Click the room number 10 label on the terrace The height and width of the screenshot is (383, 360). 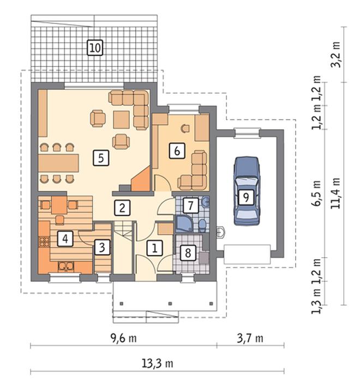tap(95, 47)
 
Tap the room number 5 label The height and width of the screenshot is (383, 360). tap(101, 158)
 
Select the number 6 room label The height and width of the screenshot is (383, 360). tap(177, 151)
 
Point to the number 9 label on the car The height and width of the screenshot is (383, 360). tap(246, 197)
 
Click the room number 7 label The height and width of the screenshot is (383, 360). tap(191, 205)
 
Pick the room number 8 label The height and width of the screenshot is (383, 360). tap(188, 253)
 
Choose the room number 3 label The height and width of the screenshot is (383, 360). tap(102, 247)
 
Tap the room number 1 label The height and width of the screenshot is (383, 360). tap(154, 248)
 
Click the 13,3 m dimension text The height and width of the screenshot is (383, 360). tap(158, 363)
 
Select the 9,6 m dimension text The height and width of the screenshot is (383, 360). tap(124, 338)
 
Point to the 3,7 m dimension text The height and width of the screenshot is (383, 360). tap(250, 338)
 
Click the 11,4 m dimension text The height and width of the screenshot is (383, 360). tap(335, 193)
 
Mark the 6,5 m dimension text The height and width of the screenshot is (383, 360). tap(316, 193)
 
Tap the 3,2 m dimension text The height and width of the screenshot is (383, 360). tap(335, 54)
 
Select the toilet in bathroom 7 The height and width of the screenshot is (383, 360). tap(202, 226)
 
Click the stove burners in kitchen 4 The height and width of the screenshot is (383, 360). tap(44, 242)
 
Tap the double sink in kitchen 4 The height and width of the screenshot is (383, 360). tap(66, 267)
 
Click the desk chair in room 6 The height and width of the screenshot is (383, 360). tap(185, 128)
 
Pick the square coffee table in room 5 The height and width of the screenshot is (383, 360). tap(121, 119)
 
